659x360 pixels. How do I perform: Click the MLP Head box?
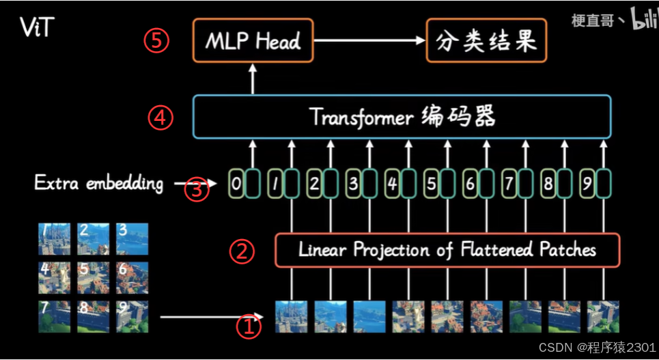(x=252, y=41)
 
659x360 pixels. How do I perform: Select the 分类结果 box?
(x=486, y=41)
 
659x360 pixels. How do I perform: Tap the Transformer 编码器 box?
(x=402, y=117)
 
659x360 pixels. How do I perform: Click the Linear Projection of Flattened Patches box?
(x=447, y=249)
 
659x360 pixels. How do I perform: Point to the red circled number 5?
(x=156, y=41)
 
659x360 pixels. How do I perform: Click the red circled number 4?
(x=160, y=118)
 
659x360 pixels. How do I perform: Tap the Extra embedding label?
(x=99, y=183)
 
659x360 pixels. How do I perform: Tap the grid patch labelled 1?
(x=55, y=238)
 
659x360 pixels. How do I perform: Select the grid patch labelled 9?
(x=132, y=316)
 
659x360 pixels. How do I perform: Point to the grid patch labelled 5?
(x=94, y=277)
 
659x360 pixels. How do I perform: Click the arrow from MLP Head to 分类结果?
(x=369, y=41)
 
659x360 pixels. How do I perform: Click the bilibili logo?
(x=642, y=18)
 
